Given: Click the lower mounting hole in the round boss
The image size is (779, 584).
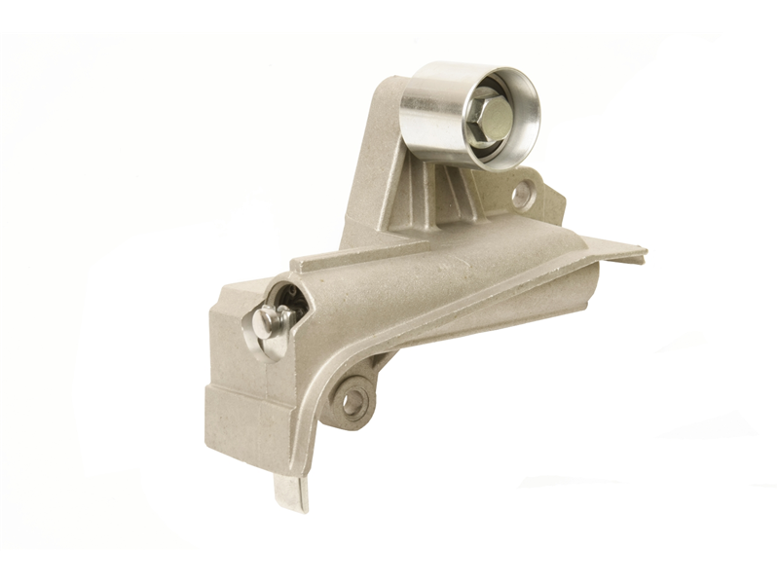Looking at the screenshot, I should pyautogui.click(x=353, y=399).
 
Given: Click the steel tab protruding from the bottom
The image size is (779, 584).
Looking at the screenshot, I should pyautogui.click(x=291, y=492).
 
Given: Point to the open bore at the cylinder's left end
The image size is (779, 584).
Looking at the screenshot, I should pyautogui.click(x=287, y=297).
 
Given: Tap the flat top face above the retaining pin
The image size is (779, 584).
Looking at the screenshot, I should pyautogui.click(x=243, y=287).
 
